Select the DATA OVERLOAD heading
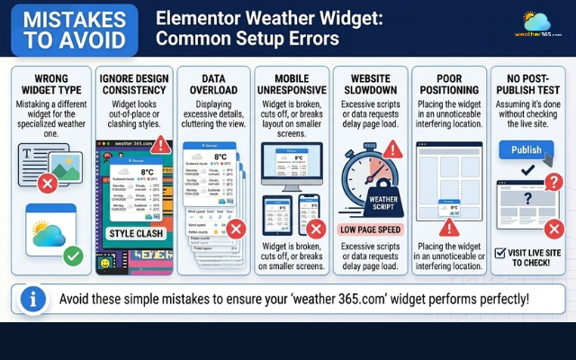coord(212,84)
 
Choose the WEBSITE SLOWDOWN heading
coord(369,84)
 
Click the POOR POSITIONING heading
coord(447,84)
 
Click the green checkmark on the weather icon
coord(73,256)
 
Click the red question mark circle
coord(554,183)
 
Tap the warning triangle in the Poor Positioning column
coord(447,227)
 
